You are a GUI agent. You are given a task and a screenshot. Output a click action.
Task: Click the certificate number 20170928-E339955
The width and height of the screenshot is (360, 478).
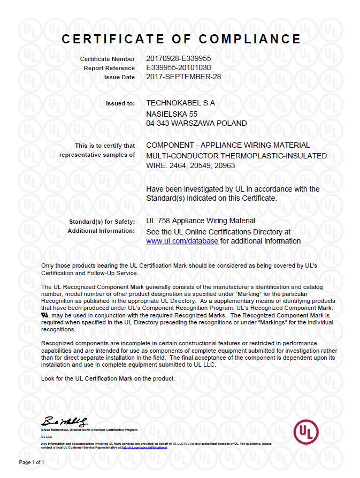point(178,58)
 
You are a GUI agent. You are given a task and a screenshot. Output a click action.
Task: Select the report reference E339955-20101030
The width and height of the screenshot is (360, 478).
point(178,68)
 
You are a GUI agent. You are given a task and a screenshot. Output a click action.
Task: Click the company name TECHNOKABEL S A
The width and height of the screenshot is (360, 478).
point(180,103)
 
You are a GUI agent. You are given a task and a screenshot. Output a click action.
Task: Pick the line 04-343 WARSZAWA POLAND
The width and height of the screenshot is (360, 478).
point(196,123)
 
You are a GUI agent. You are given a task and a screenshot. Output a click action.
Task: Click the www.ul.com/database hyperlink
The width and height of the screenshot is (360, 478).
point(182,241)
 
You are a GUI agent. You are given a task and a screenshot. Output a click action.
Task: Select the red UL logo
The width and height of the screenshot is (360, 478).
point(306,430)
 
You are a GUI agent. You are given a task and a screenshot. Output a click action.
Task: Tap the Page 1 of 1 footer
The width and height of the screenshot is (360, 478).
point(32,462)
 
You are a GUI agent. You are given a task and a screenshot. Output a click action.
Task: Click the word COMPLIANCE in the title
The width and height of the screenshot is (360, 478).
point(250,39)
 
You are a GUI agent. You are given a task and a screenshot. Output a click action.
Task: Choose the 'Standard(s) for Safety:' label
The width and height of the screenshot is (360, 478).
point(102,221)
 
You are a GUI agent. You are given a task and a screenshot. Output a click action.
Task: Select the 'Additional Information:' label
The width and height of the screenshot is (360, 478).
point(101,231)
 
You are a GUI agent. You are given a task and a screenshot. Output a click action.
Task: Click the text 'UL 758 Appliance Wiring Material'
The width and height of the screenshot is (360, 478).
point(201,221)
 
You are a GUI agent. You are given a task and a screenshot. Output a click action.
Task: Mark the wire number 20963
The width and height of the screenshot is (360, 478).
point(224,165)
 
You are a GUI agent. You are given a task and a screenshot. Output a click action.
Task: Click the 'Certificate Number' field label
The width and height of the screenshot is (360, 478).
point(108,59)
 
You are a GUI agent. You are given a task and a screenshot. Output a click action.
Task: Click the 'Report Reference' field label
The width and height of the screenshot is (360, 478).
point(109,68)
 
